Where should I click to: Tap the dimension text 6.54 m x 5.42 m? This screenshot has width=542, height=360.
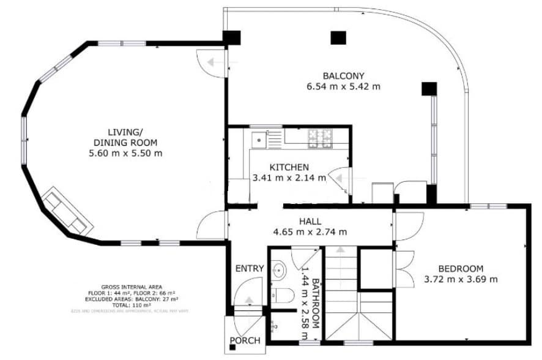(343, 87)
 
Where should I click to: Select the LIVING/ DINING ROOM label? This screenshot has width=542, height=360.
(125, 137)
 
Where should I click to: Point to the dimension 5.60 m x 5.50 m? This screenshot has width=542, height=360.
(125, 153)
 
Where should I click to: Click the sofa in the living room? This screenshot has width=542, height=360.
(65, 210)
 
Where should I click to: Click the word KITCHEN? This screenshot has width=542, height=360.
(289, 167)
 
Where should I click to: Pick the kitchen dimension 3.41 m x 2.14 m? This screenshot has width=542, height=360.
(289, 179)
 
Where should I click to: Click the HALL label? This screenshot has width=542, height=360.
(310, 221)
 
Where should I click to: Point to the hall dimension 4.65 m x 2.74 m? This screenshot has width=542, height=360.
(310, 232)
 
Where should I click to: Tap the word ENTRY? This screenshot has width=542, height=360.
(250, 269)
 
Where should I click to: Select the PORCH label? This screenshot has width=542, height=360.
(245, 340)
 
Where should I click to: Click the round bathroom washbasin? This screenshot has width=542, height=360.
(280, 269)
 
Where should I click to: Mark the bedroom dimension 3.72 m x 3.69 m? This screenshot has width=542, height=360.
(461, 280)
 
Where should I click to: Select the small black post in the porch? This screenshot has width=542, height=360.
(232, 348)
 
